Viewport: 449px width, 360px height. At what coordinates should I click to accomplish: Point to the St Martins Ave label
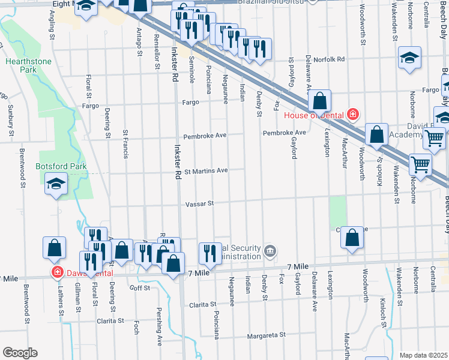tap(205, 170)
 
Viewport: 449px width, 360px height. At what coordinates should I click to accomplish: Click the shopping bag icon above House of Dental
tap(321, 100)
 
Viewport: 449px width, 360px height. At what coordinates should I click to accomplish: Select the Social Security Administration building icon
tap(270, 250)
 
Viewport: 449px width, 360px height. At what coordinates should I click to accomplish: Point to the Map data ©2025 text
tap(423, 355)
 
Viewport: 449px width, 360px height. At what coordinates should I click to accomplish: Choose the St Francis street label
tap(125, 144)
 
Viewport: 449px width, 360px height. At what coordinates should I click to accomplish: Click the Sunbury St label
tap(11, 117)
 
